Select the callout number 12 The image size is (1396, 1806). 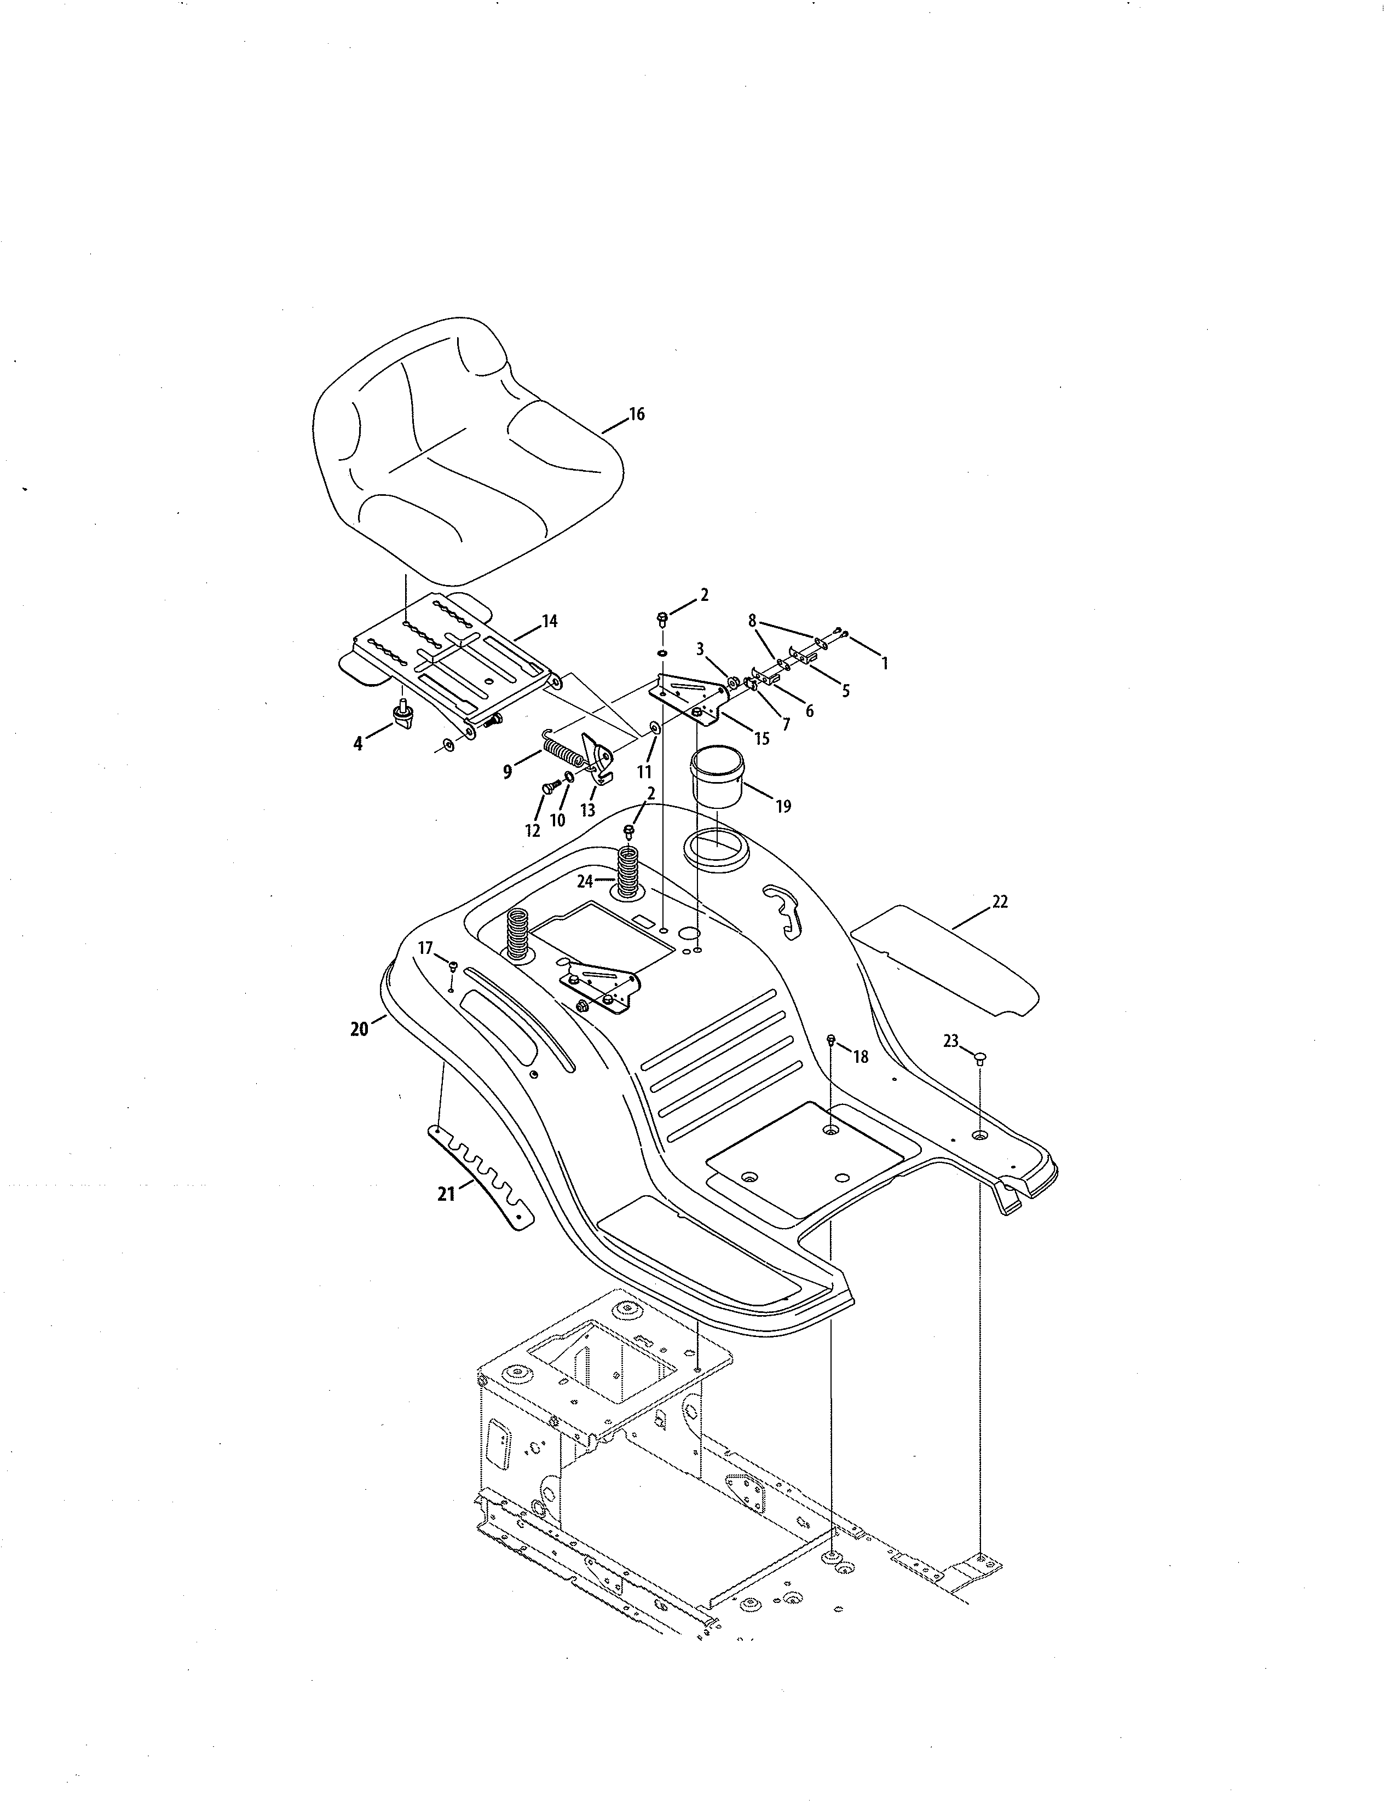[533, 830]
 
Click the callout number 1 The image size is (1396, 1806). [884, 663]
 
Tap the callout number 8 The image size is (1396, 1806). [752, 620]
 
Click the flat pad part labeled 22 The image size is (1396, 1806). [943, 959]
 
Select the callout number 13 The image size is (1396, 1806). [587, 811]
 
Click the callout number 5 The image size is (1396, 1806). [845, 691]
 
